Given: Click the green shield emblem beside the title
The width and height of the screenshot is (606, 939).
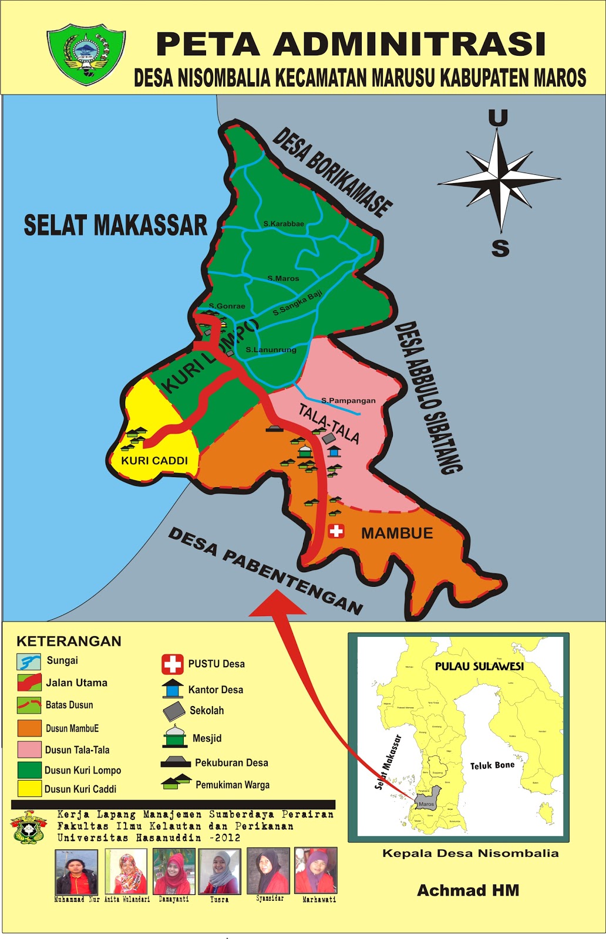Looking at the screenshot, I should [86, 53].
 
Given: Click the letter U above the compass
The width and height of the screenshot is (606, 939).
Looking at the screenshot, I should [498, 118].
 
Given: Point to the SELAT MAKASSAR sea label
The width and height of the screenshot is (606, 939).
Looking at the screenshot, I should [115, 225].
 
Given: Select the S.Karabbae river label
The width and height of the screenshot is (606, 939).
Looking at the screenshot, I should [284, 224].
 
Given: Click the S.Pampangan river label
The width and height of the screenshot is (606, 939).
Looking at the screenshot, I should [348, 400].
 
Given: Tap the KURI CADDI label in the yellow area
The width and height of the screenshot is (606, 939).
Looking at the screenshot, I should [154, 461].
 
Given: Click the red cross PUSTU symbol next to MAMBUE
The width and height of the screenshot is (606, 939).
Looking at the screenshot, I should [336, 531].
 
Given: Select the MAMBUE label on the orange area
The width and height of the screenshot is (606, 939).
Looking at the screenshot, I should [397, 533].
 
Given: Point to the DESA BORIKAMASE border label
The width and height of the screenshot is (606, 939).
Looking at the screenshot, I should [332, 172].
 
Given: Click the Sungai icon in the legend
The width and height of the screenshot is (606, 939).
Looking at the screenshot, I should [29, 661].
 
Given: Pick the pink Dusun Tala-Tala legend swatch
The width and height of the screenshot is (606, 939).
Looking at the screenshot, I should [29, 749].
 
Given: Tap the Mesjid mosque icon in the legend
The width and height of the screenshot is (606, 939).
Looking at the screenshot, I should [174, 737].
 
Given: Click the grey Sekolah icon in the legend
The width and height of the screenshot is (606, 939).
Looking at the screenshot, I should [174, 711].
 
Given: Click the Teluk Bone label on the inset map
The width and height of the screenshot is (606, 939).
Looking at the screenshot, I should [492, 765].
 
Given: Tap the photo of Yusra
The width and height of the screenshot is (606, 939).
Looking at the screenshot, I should [220, 871].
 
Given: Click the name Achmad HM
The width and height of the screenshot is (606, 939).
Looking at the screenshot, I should [468, 890].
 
